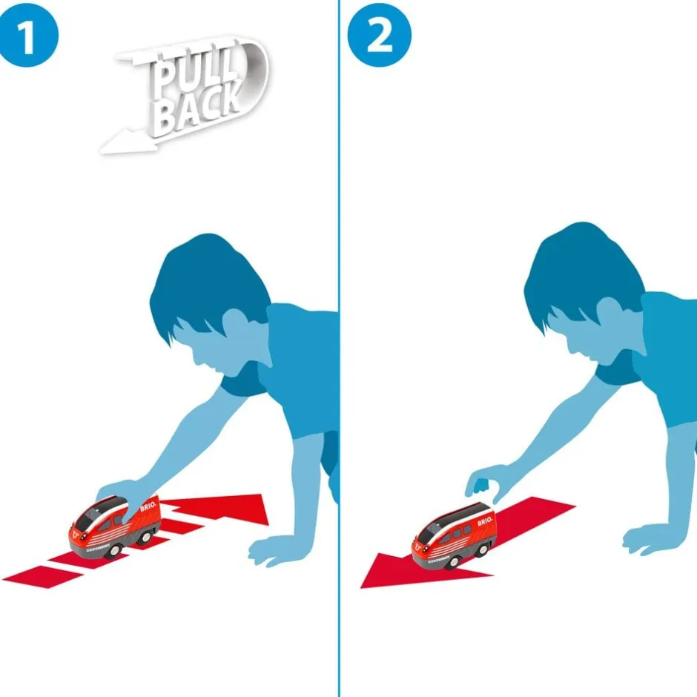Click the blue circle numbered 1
(x=27, y=35)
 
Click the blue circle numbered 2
(x=379, y=35)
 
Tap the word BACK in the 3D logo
(x=198, y=107)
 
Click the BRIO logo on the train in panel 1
(x=148, y=506)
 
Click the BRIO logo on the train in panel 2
(x=485, y=521)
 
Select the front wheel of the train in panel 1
(x=114, y=551)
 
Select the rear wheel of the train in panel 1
(x=145, y=538)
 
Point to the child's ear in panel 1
(x=235, y=323)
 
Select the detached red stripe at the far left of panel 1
(x=42, y=577)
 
